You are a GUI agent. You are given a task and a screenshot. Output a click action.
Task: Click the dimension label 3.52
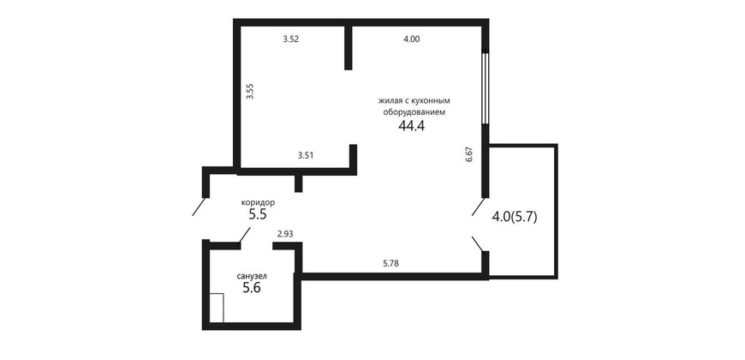pyautogui.click(x=290, y=39)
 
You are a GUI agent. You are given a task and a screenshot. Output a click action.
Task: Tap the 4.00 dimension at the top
pyautogui.click(x=411, y=39)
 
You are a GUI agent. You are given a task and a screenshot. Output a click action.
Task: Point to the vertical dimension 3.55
pyautogui.click(x=251, y=91)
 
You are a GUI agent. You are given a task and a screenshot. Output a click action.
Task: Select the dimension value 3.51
pyautogui.click(x=305, y=154)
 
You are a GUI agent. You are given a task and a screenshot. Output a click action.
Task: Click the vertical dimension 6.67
pyautogui.click(x=469, y=155)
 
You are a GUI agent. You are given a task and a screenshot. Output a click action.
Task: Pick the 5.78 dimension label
pyautogui.click(x=390, y=262)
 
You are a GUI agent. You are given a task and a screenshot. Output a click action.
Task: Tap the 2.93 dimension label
pyautogui.click(x=285, y=233)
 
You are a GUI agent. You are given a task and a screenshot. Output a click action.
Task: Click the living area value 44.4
pyautogui.click(x=411, y=126)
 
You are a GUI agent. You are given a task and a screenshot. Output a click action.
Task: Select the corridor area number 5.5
pyautogui.click(x=258, y=214)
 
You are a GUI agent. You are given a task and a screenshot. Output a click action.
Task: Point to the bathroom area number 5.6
pyautogui.click(x=252, y=288)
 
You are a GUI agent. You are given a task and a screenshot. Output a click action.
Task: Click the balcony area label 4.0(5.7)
pyautogui.click(x=515, y=218)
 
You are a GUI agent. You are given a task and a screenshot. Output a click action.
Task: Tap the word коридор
pyautogui.click(x=258, y=202)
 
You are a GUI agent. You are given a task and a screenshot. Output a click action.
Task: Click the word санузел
pyautogui.click(x=252, y=276)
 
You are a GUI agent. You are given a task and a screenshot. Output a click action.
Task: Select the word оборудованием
pyautogui.click(x=414, y=113)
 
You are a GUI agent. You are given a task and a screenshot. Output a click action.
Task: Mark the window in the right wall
pyautogui.click(x=485, y=88)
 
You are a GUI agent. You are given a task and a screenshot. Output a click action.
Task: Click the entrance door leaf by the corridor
pyautogui.click(x=199, y=206)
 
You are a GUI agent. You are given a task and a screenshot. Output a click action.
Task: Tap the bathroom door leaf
pyautogui.click(x=244, y=236)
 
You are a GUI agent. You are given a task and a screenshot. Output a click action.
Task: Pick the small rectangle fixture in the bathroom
pyautogui.click(x=216, y=309)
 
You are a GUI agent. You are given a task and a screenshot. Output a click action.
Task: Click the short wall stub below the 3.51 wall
pyautogui.click(x=298, y=183)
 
